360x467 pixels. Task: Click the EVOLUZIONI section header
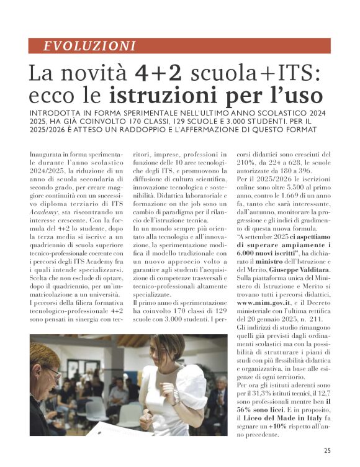pos(91,45)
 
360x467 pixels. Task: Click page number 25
pos(326,451)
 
